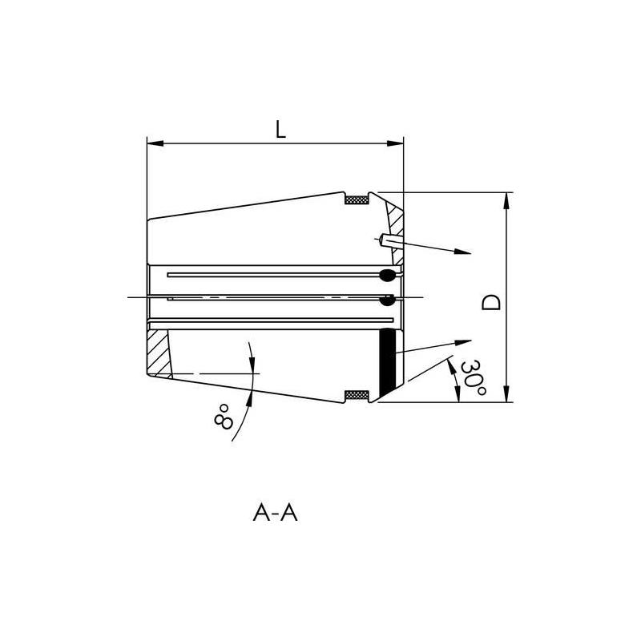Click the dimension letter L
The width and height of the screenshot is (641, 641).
(x=280, y=131)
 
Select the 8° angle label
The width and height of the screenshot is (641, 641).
(x=225, y=416)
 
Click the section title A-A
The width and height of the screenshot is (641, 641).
(x=275, y=513)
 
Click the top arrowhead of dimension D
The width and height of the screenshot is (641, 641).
(x=506, y=201)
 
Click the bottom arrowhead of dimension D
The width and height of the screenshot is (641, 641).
(x=506, y=393)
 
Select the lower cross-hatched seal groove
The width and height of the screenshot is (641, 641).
(x=356, y=395)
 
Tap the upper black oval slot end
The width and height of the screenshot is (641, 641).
(x=387, y=276)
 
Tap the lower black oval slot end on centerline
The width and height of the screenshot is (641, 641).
(x=388, y=301)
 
